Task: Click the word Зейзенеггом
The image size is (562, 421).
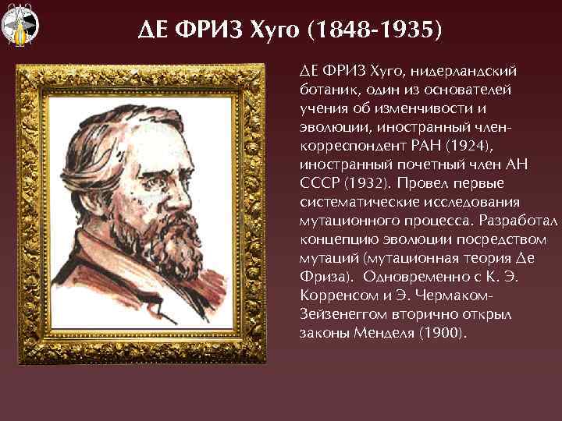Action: tap(336, 315)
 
